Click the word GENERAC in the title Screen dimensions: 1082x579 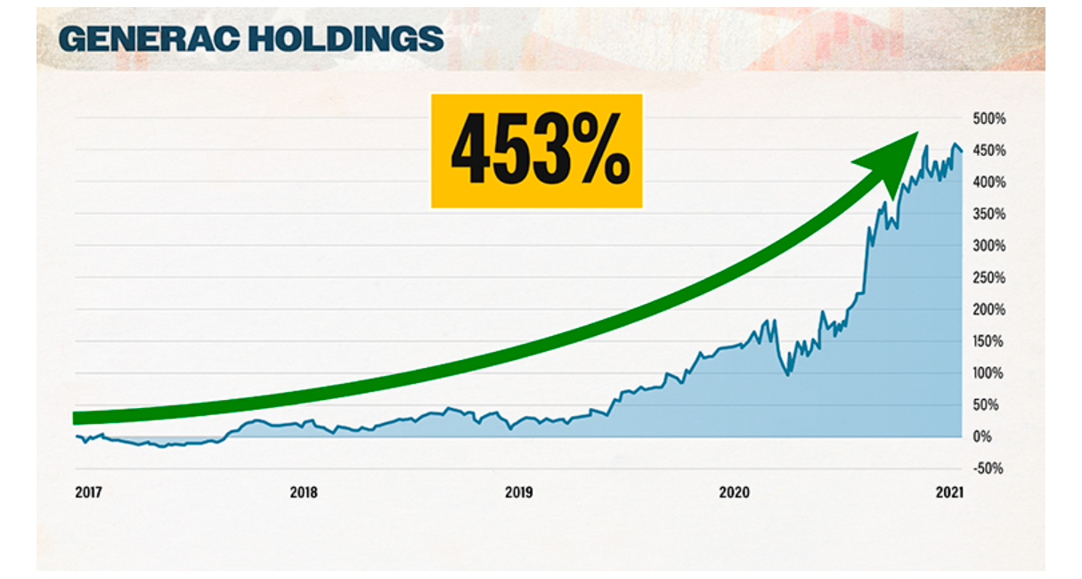pos(150,38)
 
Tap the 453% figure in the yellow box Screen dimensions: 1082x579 pos(541,149)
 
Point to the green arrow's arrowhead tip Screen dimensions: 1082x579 pos(918,133)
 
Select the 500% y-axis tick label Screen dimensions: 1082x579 pos(989,118)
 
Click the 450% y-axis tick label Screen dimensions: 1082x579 pos(989,151)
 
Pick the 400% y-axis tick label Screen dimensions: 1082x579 pos(989,183)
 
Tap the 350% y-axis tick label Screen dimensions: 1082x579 pos(989,214)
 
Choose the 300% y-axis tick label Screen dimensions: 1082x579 pos(989,246)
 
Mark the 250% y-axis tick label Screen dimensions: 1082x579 pos(989,278)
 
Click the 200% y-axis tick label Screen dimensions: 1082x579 pos(989,310)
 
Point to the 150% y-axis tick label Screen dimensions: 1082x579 pos(988,342)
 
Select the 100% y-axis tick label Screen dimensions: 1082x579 pos(988,373)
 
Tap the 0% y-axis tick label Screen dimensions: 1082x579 pos(982,436)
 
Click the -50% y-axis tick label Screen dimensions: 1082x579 pos(988,469)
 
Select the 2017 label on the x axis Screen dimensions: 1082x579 pos(88,493)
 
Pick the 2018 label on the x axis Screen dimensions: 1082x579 pos(304,493)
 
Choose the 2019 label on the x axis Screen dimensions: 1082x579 pos(519,493)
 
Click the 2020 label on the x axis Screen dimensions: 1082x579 pos(734,493)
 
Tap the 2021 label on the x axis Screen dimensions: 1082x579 pos(949,493)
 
